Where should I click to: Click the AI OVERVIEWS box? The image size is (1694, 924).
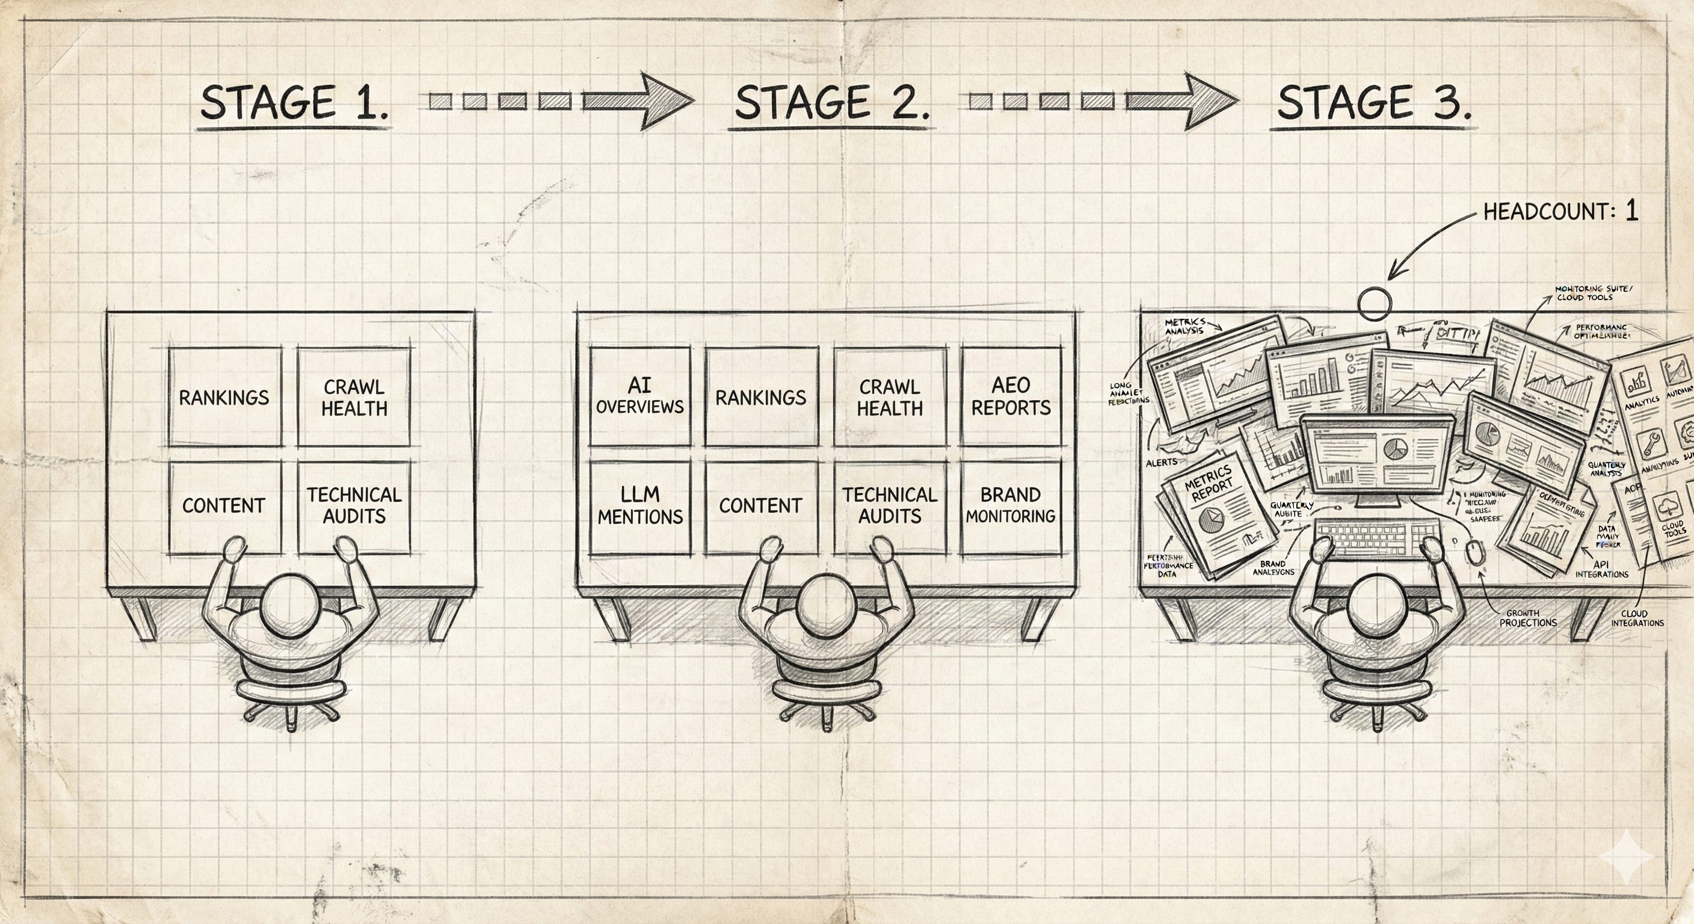pos(640,396)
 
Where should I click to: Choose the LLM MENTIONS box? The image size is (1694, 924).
pos(640,506)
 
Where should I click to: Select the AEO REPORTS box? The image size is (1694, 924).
pos(1011,396)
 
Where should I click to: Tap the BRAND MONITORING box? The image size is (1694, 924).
pos(1011,506)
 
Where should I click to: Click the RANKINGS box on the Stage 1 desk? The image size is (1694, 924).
pos(224,397)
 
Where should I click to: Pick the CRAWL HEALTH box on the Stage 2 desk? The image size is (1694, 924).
pos(890,397)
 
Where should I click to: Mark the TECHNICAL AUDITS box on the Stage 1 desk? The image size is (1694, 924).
pos(354,506)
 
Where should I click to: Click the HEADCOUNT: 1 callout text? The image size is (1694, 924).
pos(1560,212)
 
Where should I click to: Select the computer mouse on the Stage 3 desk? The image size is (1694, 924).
pos(1475,550)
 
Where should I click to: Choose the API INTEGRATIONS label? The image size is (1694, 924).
pos(1601,570)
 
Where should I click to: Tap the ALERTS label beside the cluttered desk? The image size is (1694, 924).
pos(1162,463)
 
